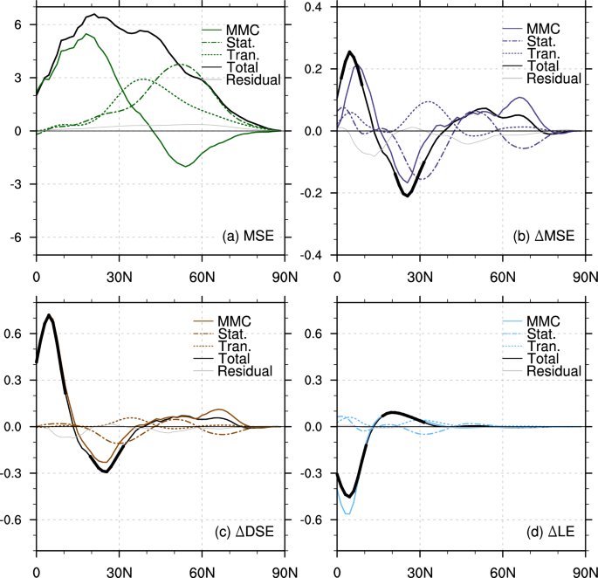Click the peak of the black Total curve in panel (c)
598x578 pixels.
coord(49,315)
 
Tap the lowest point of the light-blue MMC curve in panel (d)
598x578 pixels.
coord(349,513)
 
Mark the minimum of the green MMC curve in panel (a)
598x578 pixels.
coord(185,166)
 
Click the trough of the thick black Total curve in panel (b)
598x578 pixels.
coord(407,196)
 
